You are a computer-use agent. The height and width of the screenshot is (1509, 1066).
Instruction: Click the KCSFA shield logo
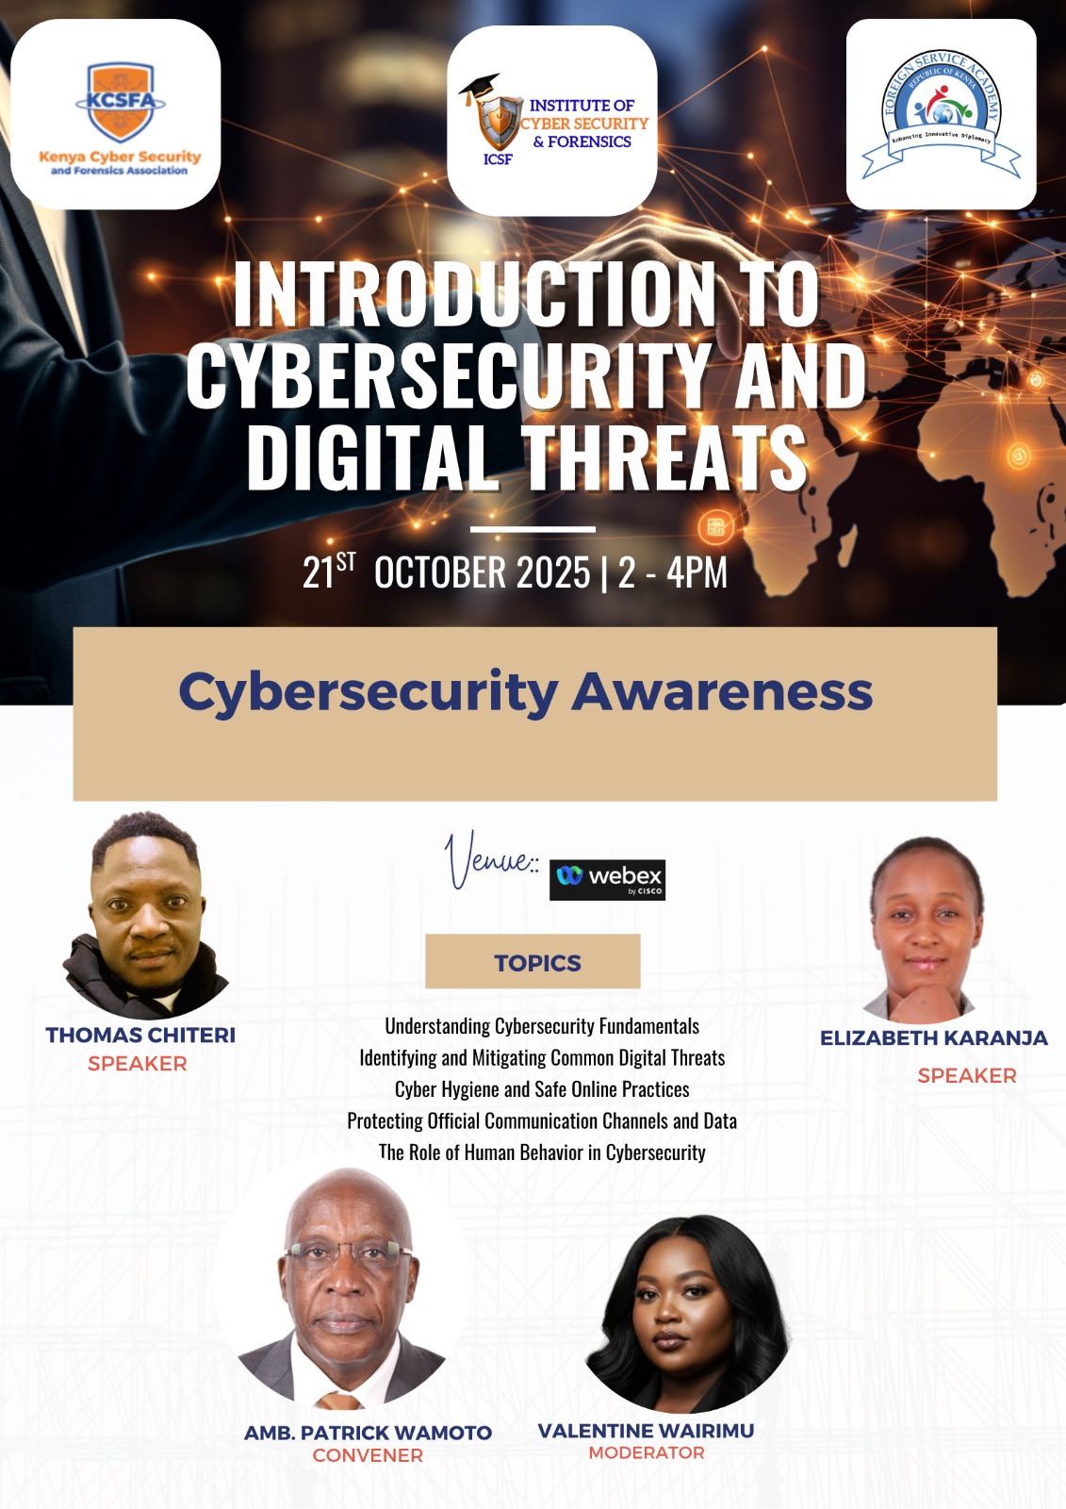click(121, 102)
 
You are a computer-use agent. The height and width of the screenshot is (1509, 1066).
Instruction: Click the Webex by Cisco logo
click(607, 879)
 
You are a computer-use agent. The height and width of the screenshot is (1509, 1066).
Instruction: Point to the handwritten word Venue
click(489, 860)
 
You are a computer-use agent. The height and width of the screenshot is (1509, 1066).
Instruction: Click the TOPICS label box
click(533, 961)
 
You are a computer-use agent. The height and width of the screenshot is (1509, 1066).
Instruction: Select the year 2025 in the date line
click(552, 572)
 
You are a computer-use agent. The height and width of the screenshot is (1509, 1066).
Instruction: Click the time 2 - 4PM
click(673, 572)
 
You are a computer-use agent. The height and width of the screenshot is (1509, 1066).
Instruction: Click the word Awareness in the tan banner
click(722, 692)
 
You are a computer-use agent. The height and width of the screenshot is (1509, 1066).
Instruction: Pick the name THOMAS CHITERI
click(140, 1035)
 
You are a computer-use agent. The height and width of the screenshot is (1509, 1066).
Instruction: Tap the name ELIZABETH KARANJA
click(934, 1037)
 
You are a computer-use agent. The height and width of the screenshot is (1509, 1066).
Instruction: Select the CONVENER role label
click(368, 1455)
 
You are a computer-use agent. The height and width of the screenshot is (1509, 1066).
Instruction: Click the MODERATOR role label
click(647, 1452)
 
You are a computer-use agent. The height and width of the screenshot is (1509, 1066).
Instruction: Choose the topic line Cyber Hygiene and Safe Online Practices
click(542, 1089)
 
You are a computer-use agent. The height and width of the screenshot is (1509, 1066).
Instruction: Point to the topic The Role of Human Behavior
click(542, 1152)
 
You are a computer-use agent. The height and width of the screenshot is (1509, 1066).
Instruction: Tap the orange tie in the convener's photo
click(339, 1401)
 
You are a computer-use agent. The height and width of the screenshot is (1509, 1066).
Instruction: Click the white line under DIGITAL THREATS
click(533, 529)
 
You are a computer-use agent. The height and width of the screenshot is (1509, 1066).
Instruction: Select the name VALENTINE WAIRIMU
click(646, 1430)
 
